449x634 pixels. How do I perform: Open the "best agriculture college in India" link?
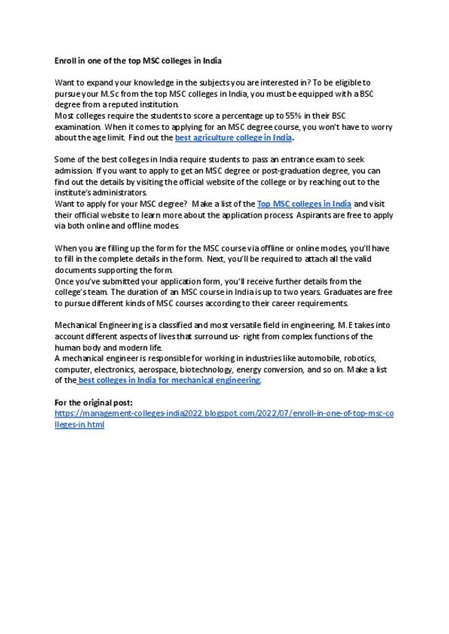point(233,138)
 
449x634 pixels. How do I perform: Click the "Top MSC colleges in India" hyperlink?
point(304,204)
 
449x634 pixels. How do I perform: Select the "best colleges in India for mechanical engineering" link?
point(169,381)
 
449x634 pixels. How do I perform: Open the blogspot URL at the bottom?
point(224,414)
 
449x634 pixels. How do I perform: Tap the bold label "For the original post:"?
point(93,402)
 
